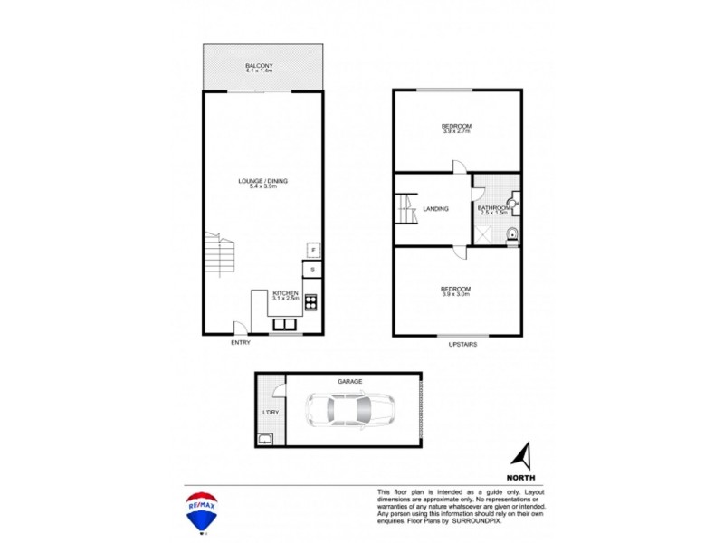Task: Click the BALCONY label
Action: click(x=260, y=66)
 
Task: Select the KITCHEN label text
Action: click(x=287, y=293)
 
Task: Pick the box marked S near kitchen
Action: click(x=312, y=270)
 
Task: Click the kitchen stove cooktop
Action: click(x=310, y=302)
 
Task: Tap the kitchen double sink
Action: click(x=285, y=325)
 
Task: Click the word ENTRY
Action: click(x=240, y=343)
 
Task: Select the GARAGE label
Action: click(x=349, y=382)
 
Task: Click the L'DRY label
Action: click(x=268, y=413)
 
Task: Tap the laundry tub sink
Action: click(x=266, y=439)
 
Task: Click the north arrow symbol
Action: click(x=522, y=454)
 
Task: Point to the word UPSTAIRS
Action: click(x=462, y=344)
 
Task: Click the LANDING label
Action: click(x=436, y=209)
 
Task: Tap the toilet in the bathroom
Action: click(x=513, y=235)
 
